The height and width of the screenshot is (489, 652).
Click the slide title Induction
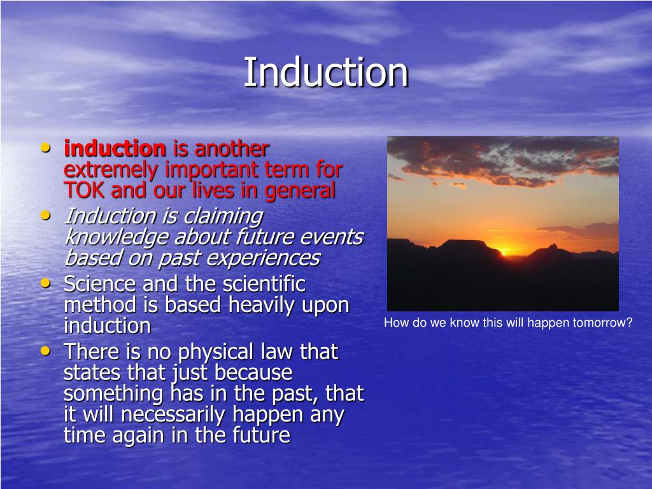(325, 72)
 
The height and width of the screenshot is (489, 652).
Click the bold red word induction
(115, 148)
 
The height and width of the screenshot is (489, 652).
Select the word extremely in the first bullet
(111, 170)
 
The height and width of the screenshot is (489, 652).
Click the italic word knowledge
(117, 237)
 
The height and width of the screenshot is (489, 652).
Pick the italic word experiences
(263, 259)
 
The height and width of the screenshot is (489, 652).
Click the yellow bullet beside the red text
(45, 147)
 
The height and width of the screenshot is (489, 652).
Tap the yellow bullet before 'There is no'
(45, 351)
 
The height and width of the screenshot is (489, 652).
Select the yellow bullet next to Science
(45, 283)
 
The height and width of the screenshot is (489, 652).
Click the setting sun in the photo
(504, 251)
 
